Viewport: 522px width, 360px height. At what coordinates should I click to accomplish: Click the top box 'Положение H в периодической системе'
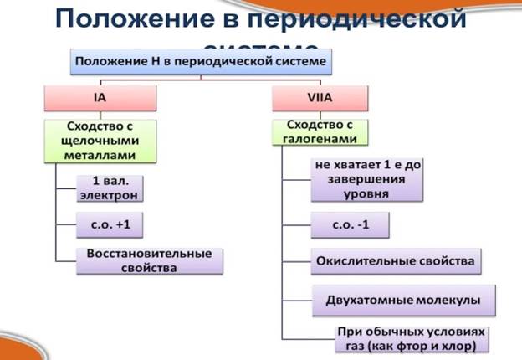click(201, 62)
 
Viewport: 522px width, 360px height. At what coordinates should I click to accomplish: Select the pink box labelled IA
click(100, 99)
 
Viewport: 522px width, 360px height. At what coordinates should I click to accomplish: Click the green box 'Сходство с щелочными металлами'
click(100, 139)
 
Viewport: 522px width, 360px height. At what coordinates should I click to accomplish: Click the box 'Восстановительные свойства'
click(150, 261)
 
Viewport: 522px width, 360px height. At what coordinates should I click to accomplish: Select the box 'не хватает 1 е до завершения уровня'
click(367, 179)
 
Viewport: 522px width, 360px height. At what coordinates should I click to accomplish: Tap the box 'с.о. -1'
click(350, 226)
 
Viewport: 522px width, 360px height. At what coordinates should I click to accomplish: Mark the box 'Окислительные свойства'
click(396, 261)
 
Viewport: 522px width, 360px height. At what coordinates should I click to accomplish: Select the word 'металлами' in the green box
click(100, 154)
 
